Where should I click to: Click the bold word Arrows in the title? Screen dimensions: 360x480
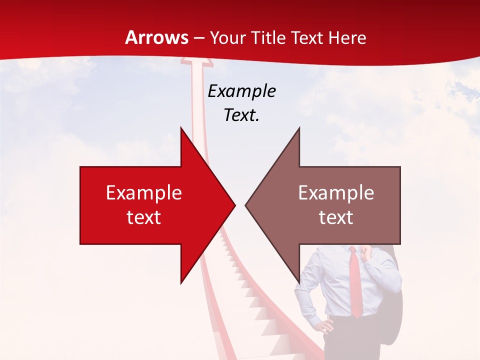pyautogui.click(x=157, y=37)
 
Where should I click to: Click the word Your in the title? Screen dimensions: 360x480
pyautogui.click(x=228, y=37)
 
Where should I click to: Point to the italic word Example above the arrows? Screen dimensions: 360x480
pyautogui.click(x=242, y=91)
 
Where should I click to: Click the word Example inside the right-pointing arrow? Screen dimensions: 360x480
pyautogui.click(x=144, y=193)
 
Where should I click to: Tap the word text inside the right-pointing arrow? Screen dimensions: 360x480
pyautogui.click(x=144, y=217)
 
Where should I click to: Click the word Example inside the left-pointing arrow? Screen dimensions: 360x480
pyautogui.click(x=336, y=193)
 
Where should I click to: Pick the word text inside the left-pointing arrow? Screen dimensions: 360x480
pyautogui.click(x=336, y=217)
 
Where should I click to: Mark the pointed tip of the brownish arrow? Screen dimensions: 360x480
pyautogui.click(x=246, y=205)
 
